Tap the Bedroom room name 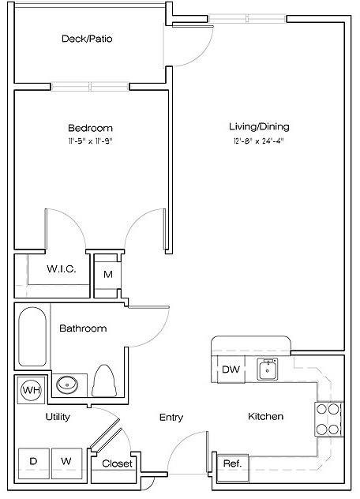tap(90, 128)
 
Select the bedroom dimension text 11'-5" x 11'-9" tap(90, 141)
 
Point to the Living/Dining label tap(259, 126)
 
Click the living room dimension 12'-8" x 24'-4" tap(259, 141)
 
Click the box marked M tap(107, 275)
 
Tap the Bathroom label tap(83, 328)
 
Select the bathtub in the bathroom tap(33, 336)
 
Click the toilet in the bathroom tap(104, 381)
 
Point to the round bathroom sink tap(67, 386)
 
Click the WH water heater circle tap(32, 390)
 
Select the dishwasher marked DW tap(231, 369)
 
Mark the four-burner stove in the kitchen tap(327, 419)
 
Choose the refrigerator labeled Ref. tap(232, 463)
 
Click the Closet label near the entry tap(117, 464)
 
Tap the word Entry tap(172, 417)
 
